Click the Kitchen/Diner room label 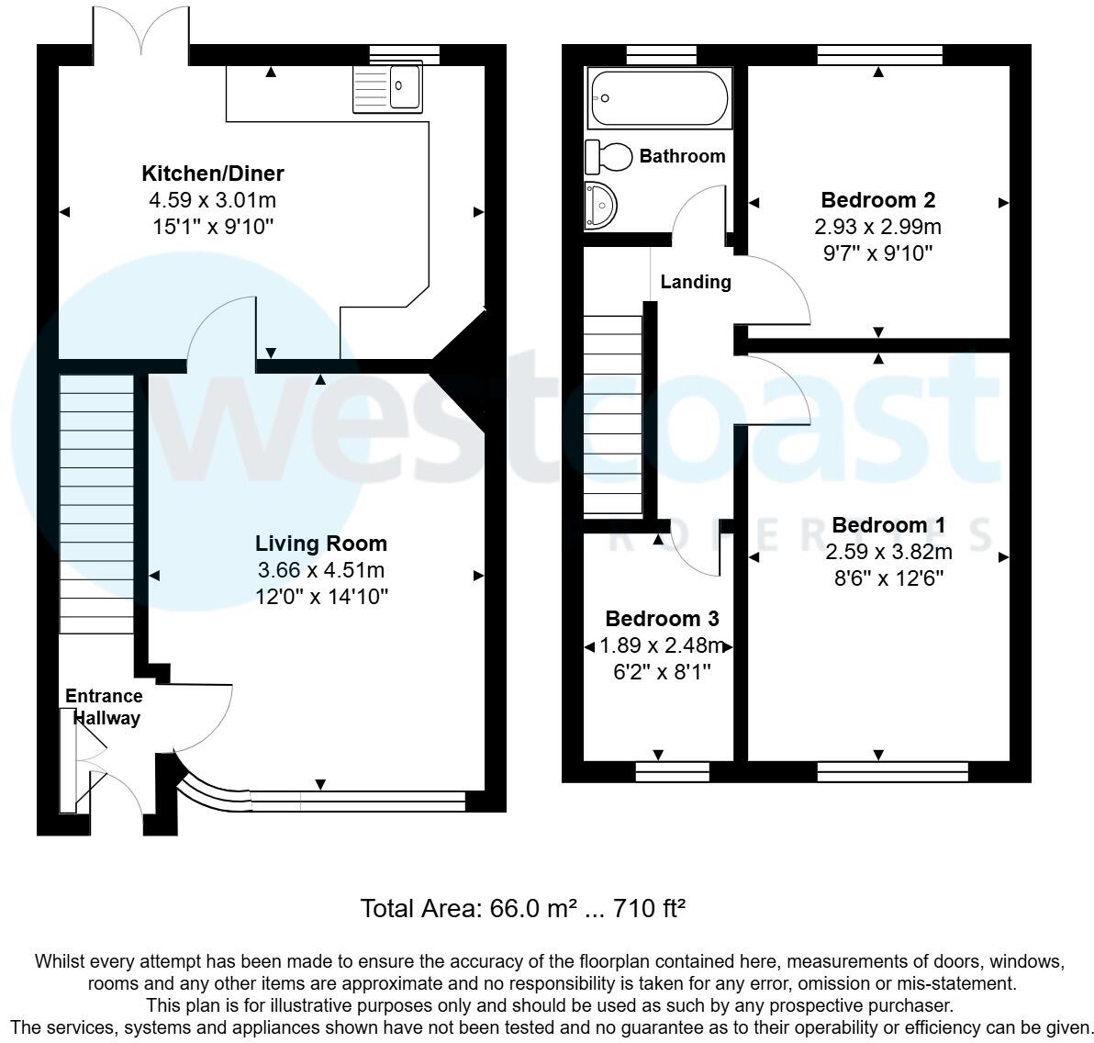pyautogui.click(x=212, y=173)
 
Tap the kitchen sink pyautogui.click(x=388, y=87)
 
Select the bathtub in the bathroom pyautogui.click(x=659, y=98)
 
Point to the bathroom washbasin pyautogui.click(x=601, y=205)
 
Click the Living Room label pyautogui.click(x=320, y=544)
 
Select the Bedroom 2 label pyautogui.click(x=877, y=200)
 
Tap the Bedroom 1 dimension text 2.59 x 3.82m pyautogui.click(x=888, y=552)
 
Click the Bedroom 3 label pyautogui.click(x=662, y=619)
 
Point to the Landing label pyautogui.click(x=696, y=282)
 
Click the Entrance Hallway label pyautogui.click(x=104, y=707)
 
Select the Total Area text pyautogui.click(x=523, y=909)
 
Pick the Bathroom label pyautogui.click(x=682, y=156)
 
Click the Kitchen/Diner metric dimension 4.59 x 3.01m pyautogui.click(x=212, y=200)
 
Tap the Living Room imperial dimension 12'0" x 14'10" pyautogui.click(x=321, y=597)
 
